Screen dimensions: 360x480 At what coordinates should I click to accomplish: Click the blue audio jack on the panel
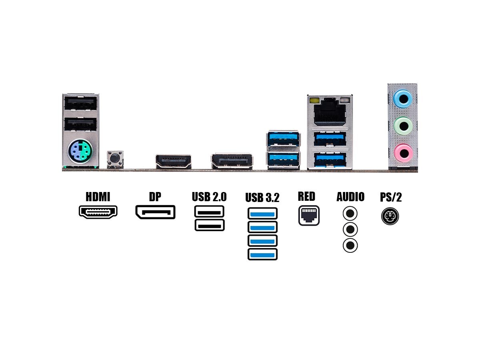pos(403,98)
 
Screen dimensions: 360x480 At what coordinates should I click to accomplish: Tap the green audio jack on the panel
pos(403,126)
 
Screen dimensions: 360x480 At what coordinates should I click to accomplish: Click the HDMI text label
pos(98,196)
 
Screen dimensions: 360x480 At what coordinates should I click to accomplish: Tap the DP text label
pos(155,196)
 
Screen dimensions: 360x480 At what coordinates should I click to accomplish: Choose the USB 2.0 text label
pos(209,197)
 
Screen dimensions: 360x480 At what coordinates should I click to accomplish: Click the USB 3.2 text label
pos(262,198)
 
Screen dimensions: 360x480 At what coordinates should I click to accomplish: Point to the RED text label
pos(306,196)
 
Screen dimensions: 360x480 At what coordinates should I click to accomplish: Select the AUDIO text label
pos(350,197)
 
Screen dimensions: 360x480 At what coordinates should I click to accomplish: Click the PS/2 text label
pos(391,197)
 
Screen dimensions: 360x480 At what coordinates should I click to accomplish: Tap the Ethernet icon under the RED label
pos(309,216)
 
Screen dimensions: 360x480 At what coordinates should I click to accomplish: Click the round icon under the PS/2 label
pos(390,216)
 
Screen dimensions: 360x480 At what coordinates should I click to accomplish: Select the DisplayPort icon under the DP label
pos(155,212)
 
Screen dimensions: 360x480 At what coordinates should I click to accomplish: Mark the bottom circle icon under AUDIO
pos(350,245)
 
